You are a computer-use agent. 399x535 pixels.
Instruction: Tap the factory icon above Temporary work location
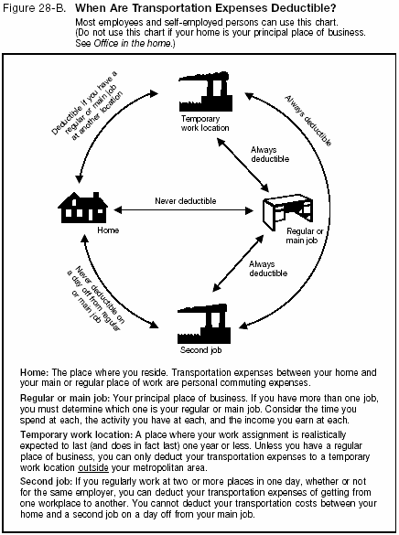pyautogui.click(x=202, y=91)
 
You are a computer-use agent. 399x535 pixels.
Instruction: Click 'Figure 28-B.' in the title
pyautogui.click(x=38, y=8)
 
